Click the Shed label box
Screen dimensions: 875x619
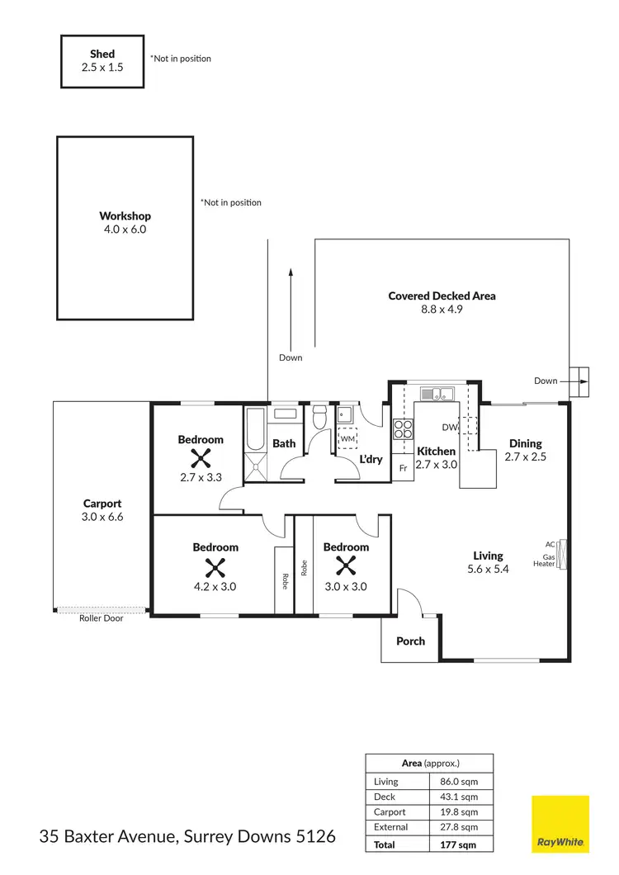pos(102,60)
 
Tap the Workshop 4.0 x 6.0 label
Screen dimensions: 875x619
pos(125,223)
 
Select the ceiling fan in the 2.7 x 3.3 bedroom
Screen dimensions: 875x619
pos(201,459)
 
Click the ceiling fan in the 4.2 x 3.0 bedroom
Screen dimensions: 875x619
pos(215,567)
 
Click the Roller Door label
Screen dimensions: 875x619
pos(102,618)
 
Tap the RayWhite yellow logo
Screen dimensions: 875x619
pos(560,824)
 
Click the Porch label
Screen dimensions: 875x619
pos(410,641)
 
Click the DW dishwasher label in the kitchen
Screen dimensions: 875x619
pos(449,427)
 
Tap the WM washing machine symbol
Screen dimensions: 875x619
pos(348,438)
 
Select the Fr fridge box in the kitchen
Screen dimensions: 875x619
pos(403,468)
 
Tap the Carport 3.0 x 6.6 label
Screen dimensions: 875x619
pos(102,509)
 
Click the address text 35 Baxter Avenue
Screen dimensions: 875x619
pos(107,836)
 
